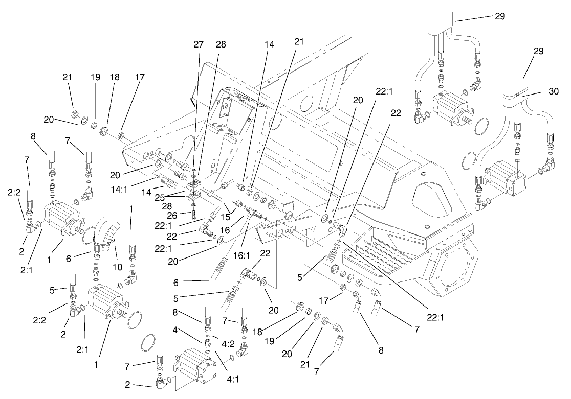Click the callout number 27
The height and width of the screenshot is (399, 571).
199,44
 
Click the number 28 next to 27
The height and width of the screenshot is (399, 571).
221,44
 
